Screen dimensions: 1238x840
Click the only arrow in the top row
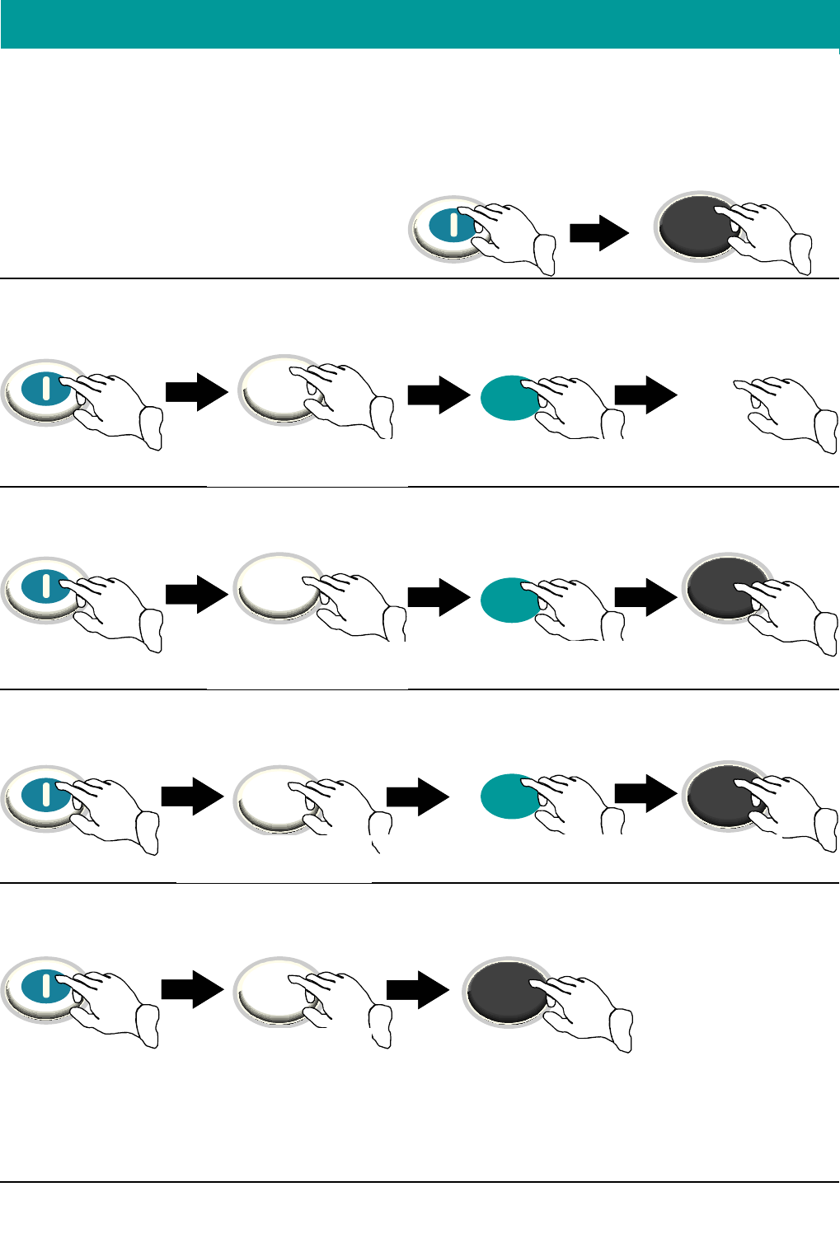coord(599,232)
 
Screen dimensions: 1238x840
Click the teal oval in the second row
coord(509,398)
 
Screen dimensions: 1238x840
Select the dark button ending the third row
coord(721,588)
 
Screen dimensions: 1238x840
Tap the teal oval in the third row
coord(508,599)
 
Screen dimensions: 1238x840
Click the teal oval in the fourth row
coord(508,796)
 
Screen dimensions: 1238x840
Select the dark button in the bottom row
coord(503,992)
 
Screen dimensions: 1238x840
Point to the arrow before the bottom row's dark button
coord(417,989)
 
